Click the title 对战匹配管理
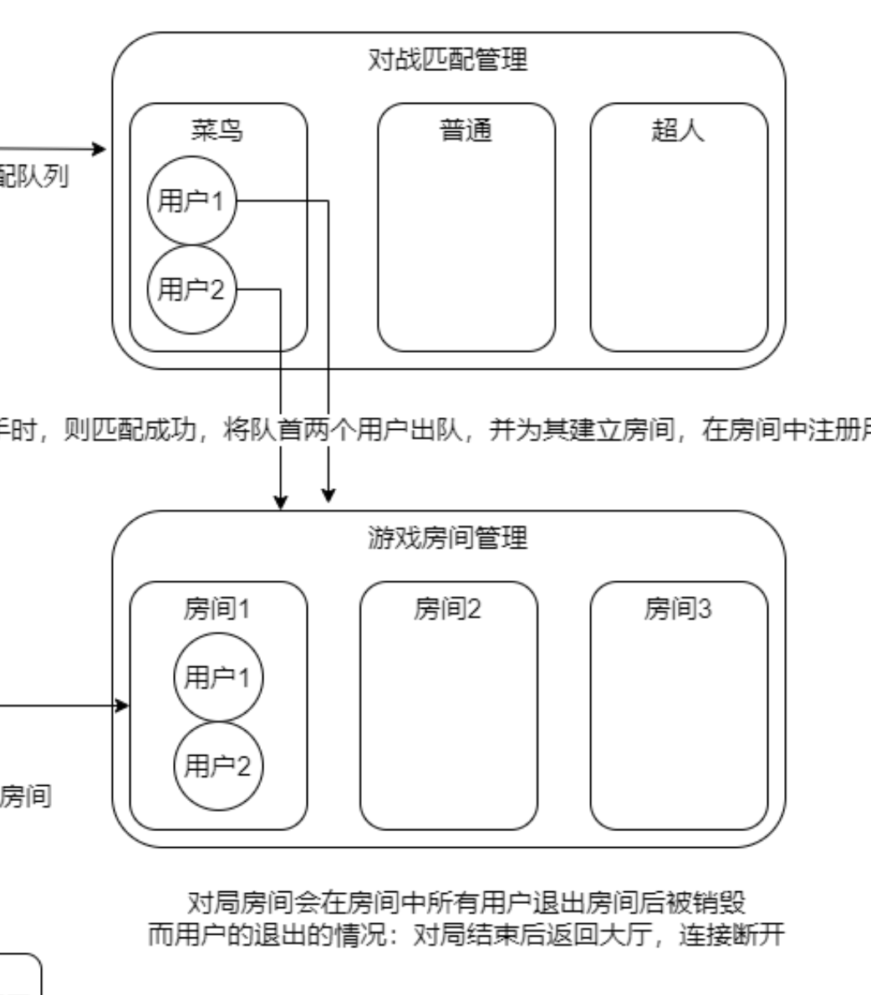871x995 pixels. (x=448, y=60)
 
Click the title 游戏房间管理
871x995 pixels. (x=448, y=538)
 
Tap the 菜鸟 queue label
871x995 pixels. (x=217, y=130)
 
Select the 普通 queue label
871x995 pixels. (x=466, y=130)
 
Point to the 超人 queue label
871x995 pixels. (x=678, y=130)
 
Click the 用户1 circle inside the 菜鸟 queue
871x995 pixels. (x=191, y=202)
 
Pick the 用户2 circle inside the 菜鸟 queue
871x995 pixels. (x=191, y=289)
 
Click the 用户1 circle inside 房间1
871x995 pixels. (x=217, y=677)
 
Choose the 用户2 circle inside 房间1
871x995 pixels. (x=217, y=765)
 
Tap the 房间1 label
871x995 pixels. (x=217, y=610)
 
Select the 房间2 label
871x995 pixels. (x=448, y=610)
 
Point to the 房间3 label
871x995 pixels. (x=678, y=610)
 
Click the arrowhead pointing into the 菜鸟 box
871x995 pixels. (x=102, y=150)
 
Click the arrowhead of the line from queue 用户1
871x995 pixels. (x=329, y=496)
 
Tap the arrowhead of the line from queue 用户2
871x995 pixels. (x=281, y=503)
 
